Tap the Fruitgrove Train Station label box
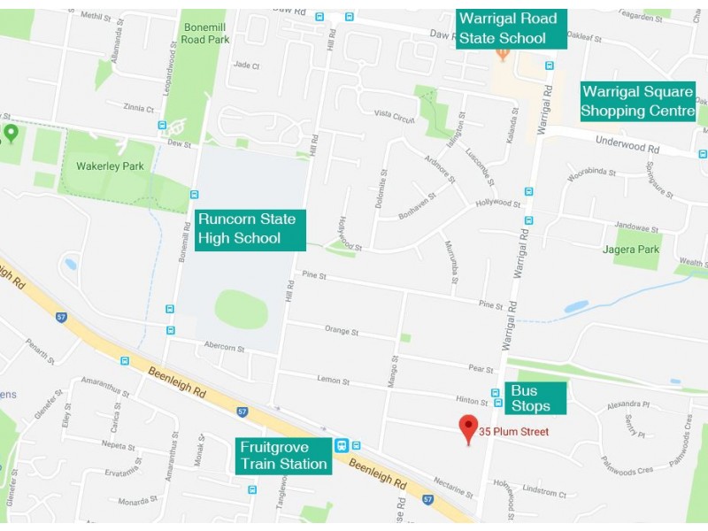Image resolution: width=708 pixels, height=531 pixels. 283,455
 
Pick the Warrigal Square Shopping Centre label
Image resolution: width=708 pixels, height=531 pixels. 637,101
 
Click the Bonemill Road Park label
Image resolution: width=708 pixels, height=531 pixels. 205,34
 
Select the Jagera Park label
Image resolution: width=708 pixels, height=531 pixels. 637,250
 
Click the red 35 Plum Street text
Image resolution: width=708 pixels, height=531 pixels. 514,432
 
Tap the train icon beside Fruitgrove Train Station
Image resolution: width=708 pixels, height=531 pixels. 341,445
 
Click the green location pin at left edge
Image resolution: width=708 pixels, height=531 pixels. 11,133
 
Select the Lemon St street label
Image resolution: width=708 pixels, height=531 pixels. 334,381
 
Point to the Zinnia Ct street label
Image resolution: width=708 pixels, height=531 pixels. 140,108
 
